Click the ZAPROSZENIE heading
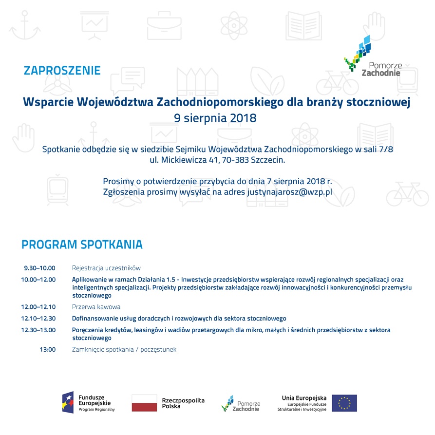(x=62, y=70)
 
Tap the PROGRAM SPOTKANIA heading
(x=82, y=244)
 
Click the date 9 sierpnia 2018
(x=215, y=118)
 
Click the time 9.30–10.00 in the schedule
(x=40, y=268)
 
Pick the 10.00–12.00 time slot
(x=38, y=280)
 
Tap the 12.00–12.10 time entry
(x=38, y=307)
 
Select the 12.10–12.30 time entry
(x=38, y=319)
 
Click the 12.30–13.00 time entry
(x=38, y=330)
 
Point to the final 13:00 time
(x=48, y=349)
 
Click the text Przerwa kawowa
(x=96, y=307)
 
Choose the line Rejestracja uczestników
(x=106, y=268)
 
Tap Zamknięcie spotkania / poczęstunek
(x=124, y=349)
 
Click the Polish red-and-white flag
(x=144, y=403)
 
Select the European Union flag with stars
(x=344, y=403)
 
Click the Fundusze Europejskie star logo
(x=68, y=402)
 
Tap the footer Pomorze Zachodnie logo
(x=241, y=403)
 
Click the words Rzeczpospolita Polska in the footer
(x=183, y=403)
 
